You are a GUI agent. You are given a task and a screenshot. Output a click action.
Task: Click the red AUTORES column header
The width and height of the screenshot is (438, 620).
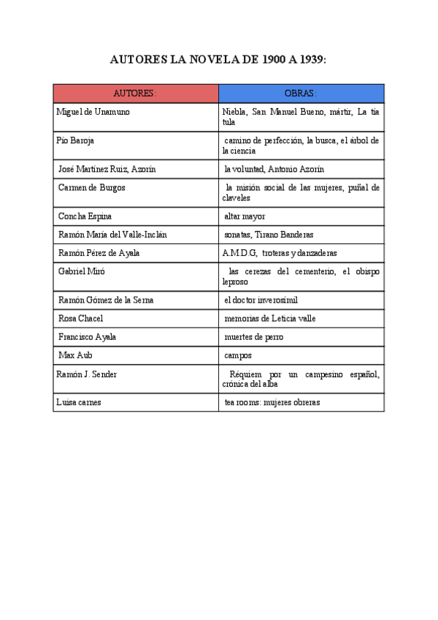[135, 94]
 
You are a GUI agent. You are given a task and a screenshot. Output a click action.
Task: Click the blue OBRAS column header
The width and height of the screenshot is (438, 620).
[301, 94]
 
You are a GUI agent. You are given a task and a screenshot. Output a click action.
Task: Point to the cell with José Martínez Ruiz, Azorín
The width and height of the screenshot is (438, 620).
[107, 169]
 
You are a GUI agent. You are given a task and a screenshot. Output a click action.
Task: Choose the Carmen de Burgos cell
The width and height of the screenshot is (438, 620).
[91, 188]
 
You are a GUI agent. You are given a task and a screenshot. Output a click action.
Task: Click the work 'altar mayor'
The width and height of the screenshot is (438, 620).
[245, 216]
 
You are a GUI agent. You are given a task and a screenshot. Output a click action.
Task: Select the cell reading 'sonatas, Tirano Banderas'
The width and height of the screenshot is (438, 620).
[269, 235]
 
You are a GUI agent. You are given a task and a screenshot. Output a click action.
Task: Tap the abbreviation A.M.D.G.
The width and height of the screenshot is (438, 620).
[239, 253]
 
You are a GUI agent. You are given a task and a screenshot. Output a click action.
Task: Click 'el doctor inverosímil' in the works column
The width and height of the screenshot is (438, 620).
[261, 300]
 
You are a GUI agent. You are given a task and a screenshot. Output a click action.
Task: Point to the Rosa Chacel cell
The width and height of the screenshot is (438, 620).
[80, 319]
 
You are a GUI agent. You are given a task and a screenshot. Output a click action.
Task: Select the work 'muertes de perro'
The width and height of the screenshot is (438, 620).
[254, 337]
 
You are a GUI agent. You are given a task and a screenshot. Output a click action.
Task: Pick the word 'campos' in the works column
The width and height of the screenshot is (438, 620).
[238, 355]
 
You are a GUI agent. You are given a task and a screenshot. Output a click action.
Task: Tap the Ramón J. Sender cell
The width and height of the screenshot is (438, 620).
[86, 374]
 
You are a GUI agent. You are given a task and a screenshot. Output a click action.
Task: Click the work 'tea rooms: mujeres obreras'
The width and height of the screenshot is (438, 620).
[272, 403]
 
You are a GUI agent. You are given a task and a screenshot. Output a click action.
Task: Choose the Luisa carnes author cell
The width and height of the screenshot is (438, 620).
[79, 403]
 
